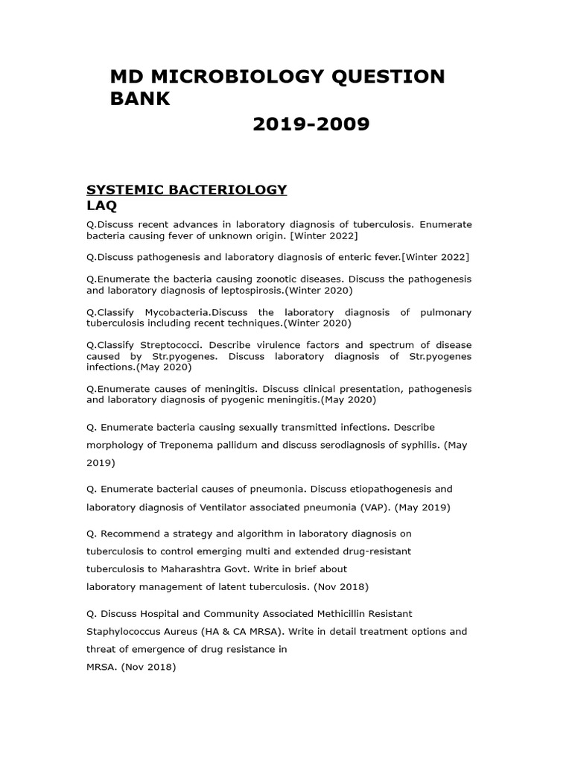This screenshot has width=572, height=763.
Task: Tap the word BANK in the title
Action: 140,99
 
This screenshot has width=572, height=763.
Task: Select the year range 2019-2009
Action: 311,124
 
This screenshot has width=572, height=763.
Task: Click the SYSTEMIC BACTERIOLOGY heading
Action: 187,189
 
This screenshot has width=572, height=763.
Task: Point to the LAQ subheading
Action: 101,205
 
